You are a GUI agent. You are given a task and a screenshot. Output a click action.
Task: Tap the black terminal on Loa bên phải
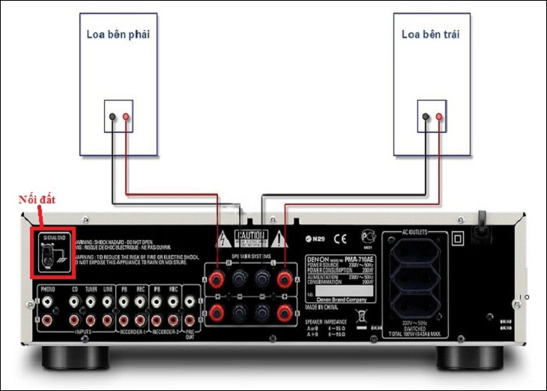(112, 117)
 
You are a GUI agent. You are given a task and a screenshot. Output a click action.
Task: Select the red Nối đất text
(37, 200)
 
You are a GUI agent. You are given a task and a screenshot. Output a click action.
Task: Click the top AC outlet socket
(416, 251)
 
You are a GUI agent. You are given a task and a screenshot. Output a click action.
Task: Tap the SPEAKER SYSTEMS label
(252, 255)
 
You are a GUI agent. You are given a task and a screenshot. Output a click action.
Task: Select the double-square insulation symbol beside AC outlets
(459, 239)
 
